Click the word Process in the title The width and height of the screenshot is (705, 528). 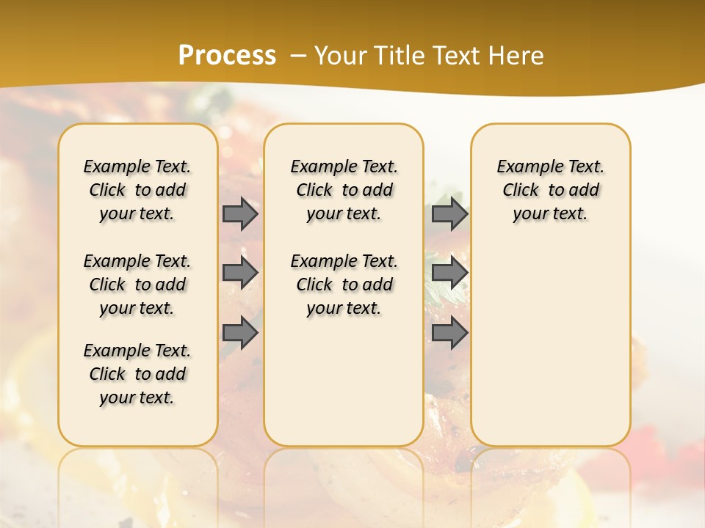[227, 55]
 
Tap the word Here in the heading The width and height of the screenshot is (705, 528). [518, 56]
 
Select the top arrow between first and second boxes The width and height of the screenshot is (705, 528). [240, 213]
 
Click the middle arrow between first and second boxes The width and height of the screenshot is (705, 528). [240, 273]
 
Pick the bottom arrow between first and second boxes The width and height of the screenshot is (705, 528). [240, 332]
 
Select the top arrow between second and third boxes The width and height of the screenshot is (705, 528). [449, 213]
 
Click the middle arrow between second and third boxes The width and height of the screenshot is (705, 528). [449, 273]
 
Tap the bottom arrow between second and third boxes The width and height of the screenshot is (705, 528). [449, 332]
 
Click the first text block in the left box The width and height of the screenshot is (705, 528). [137, 190]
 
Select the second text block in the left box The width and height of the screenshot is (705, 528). [137, 285]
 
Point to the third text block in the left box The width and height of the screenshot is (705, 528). [137, 374]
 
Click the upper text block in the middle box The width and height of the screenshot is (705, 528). [344, 190]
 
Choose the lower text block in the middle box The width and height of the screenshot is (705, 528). [344, 285]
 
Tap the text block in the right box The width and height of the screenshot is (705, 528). [550, 190]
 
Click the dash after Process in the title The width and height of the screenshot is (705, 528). [298, 56]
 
